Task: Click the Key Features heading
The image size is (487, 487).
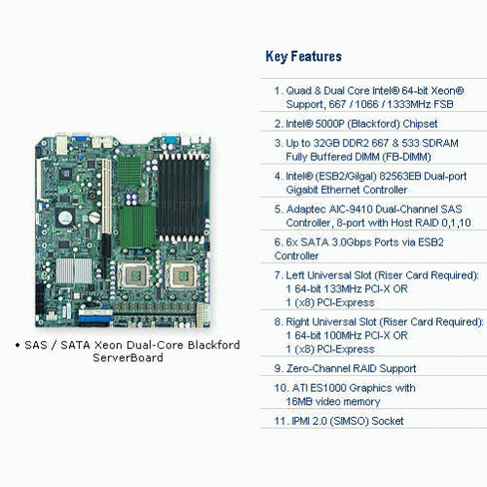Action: (x=304, y=56)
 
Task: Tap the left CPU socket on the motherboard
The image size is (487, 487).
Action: (x=134, y=276)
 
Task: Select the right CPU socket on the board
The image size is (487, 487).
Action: (x=181, y=276)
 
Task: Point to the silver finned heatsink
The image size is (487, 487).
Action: (x=74, y=271)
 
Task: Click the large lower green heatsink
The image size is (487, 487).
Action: (x=137, y=227)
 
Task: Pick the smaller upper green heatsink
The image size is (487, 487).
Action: (x=129, y=171)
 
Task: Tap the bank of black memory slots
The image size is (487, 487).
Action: (x=180, y=198)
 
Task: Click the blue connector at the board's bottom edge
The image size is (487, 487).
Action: (x=95, y=318)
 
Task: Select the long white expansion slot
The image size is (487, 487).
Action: (x=106, y=196)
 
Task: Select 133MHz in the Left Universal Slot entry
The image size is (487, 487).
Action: (x=337, y=288)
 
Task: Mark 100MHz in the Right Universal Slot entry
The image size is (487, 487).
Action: (x=337, y=335)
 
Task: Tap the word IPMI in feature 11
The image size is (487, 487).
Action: (x=300, y=421)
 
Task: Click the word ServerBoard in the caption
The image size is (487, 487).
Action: (x=128, y=357)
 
